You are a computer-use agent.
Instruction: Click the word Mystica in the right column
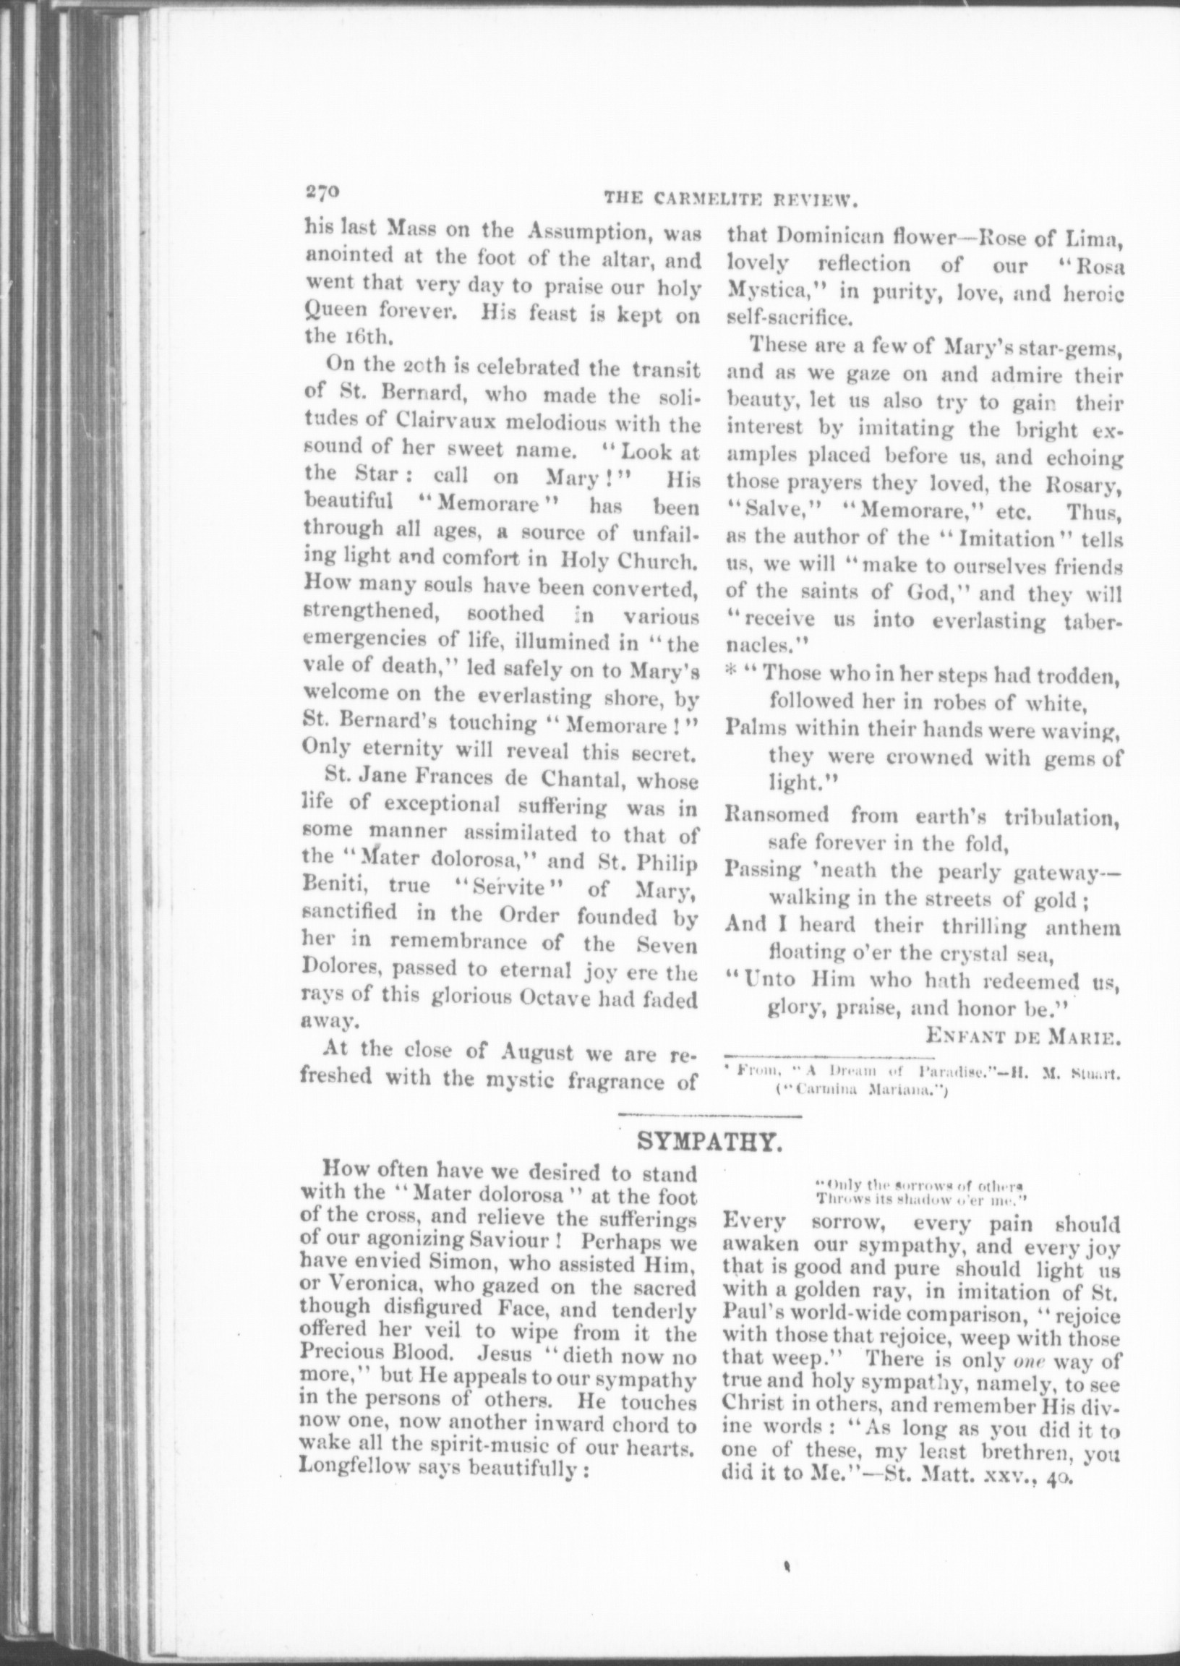769,292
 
